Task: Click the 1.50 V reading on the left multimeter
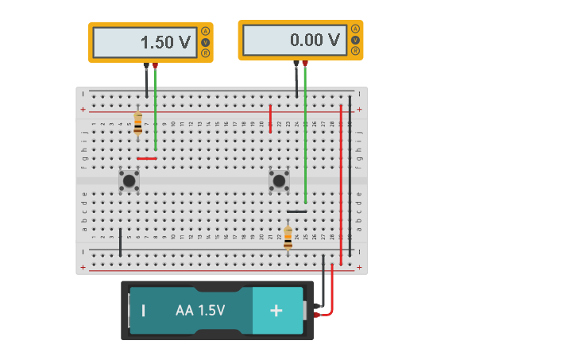click(x=166, y=43)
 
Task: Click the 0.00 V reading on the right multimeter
click(x=315, y=40)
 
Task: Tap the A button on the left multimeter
click(x=206, y=31)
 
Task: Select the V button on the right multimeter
click(x=355, y=40)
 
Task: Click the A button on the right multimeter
click(x=355, y=29)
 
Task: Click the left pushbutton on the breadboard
click(x=129, y=180)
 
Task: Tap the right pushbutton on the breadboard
click(x=279, y=180)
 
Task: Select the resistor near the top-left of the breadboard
click(x=137, y=123)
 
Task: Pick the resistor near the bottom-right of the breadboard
click(x=288, y=237)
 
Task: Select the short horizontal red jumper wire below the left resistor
click(x=147, y=158)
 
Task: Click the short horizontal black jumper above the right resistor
click(x=297, y=211)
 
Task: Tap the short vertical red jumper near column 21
click(x=270, y=118)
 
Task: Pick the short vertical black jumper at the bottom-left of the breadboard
click(x=120, y=242)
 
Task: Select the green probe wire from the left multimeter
click(x=156, y=111)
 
